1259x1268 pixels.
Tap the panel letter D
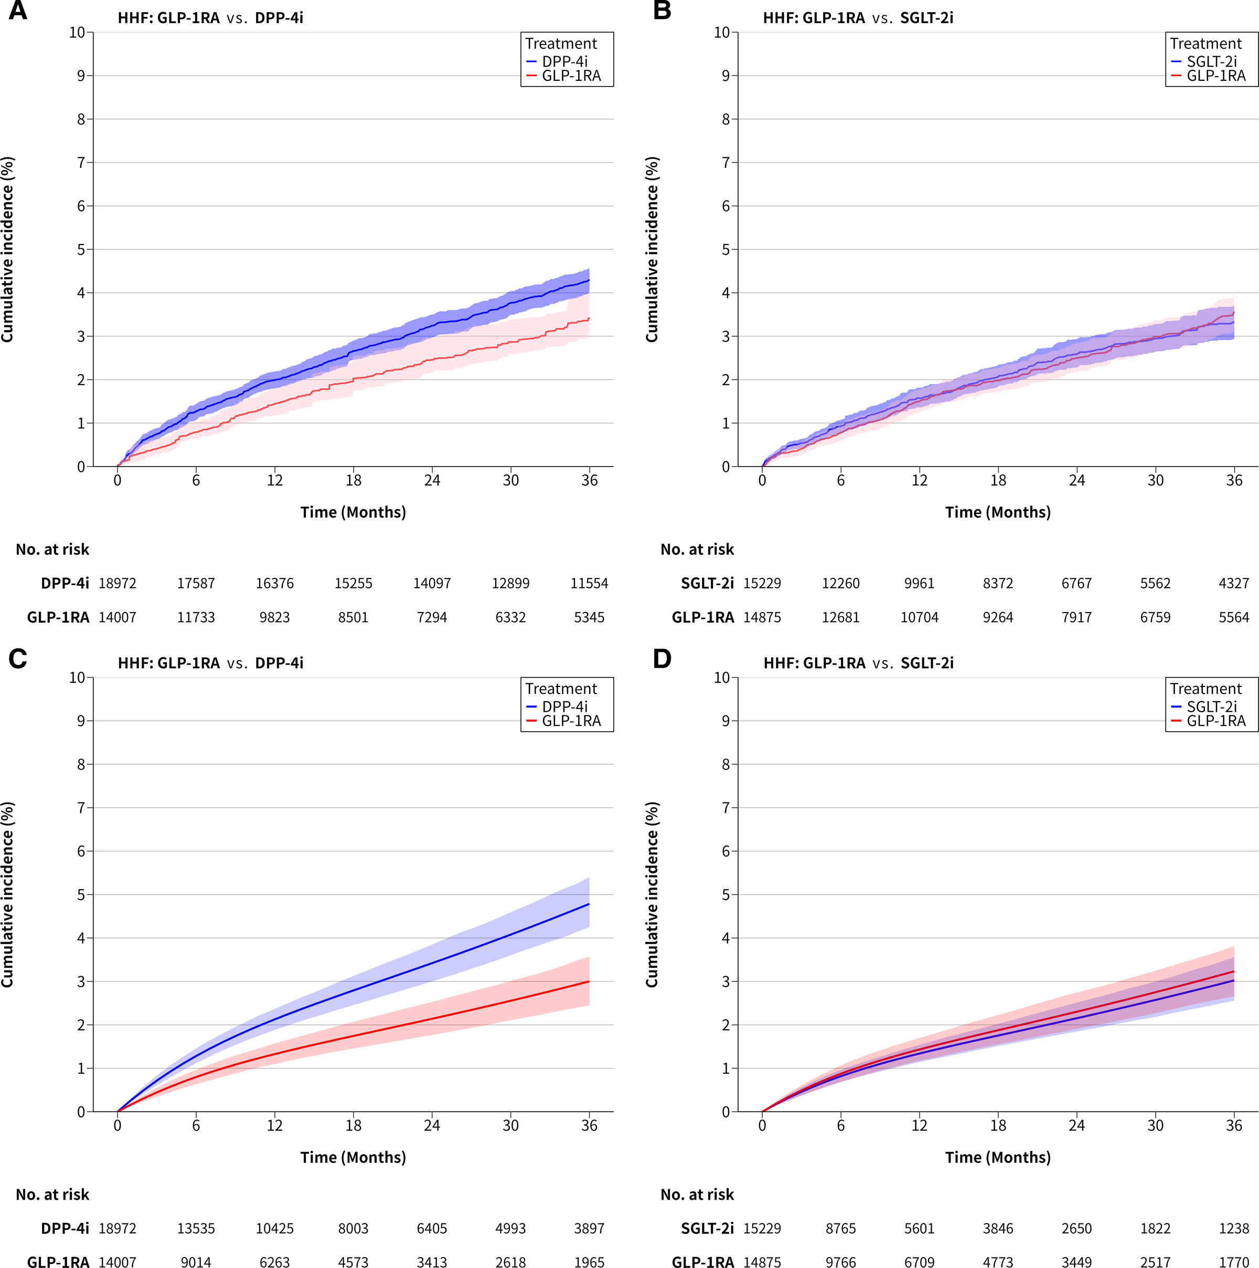pyautogui.click(x=662, y=658)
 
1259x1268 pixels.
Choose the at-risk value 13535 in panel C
pyautogui.click(x=196, y=1229)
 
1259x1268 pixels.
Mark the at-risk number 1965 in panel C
pyautogui.click(x=589, y=1261)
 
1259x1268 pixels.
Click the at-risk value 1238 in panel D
pyautogui.click(x=1234, y=1229)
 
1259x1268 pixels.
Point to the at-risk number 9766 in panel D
pyautogui.click(x=840, y=1261)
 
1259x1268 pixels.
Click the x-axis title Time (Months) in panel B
pyautogui.click(x=998, y=512)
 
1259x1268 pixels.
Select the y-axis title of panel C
pyautogui.click(x=7, y=894)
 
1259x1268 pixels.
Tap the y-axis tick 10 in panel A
pyautogui.click(x=78, y=32)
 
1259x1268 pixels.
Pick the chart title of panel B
pyautogui.click(x=858, y=18)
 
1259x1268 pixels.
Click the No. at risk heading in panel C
pyautogui.click(x=52, y=1195)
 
